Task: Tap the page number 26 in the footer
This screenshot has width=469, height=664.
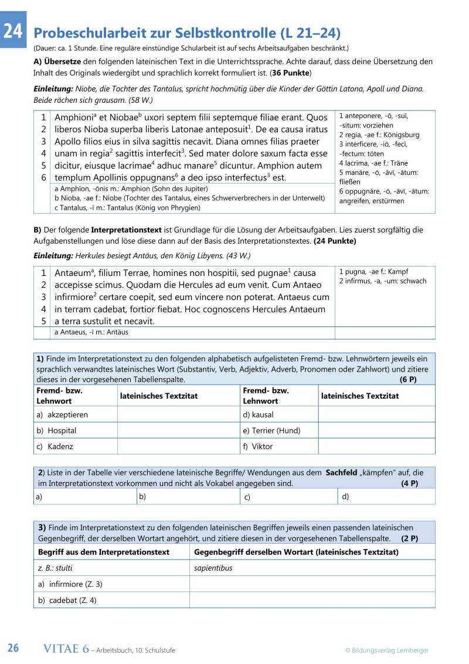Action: pos(13,648)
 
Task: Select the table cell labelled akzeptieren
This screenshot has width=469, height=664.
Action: pos(67,414)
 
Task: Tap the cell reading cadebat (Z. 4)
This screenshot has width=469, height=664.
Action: pos(64,600)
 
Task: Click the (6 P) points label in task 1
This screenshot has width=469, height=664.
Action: pos(408,380)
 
